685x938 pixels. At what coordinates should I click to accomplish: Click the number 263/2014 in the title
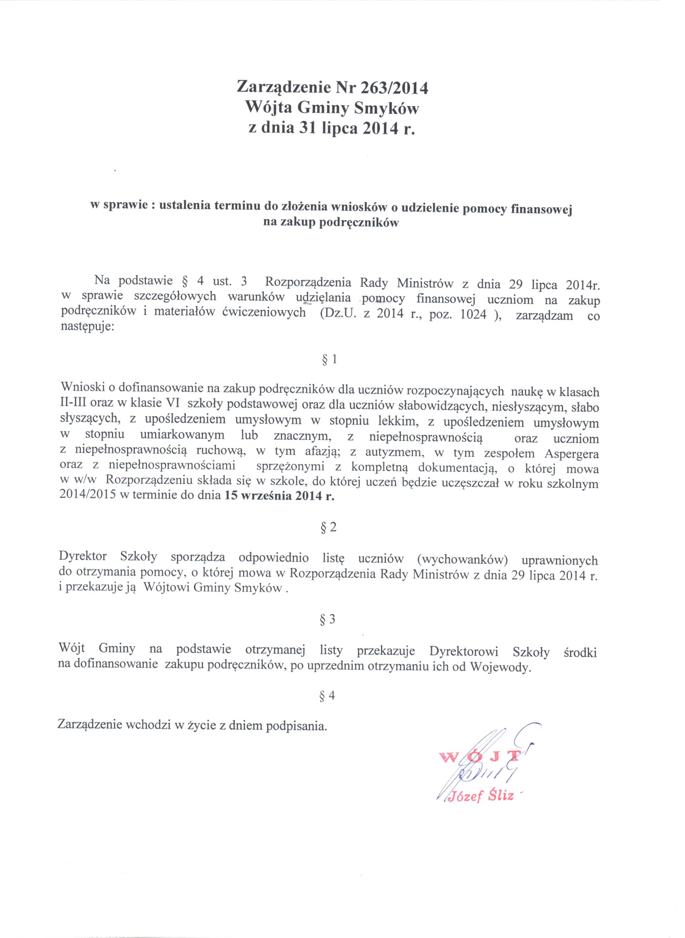394,88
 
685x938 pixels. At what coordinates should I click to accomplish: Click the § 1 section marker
329,359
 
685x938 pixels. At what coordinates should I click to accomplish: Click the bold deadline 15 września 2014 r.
279,496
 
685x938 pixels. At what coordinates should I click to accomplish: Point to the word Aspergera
572,453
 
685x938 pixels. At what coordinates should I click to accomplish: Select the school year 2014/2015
87,496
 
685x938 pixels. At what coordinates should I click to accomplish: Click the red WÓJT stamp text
476,757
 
